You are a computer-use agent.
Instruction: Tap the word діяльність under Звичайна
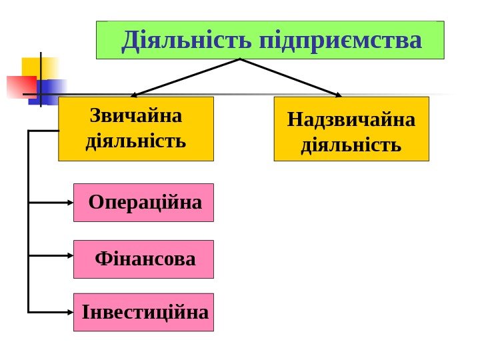[136, 142]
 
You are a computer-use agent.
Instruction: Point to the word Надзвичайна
[351, 120]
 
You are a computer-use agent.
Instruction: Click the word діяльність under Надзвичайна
[351, 145]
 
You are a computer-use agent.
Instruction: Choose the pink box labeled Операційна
[143, 202]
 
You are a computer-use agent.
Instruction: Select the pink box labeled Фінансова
[143, 259]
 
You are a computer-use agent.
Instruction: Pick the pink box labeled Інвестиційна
[143, 312]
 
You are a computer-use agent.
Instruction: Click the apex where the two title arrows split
[240, 59]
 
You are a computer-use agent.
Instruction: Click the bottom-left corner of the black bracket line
[29, 311]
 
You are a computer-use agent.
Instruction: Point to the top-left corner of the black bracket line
[29, 131]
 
